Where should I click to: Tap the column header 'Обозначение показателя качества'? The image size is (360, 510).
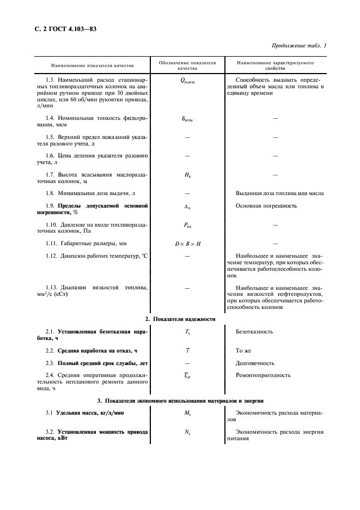187,65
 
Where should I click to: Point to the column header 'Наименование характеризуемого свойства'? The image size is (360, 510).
275,65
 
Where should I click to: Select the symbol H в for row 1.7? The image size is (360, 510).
187,174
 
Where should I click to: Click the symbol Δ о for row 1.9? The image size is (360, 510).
187,206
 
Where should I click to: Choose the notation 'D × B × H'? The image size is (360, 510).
187,243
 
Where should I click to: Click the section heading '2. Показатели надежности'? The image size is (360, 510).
180,318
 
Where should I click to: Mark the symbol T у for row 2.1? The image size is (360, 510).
187,331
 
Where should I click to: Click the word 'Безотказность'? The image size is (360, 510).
254,331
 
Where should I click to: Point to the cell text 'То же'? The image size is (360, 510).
245,350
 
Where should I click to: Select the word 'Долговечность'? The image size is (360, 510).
255,363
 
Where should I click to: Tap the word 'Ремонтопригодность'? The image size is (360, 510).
263,375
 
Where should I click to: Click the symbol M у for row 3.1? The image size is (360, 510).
187,413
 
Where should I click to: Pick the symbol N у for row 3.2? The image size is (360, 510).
187,432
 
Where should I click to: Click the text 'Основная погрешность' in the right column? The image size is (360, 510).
266,206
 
